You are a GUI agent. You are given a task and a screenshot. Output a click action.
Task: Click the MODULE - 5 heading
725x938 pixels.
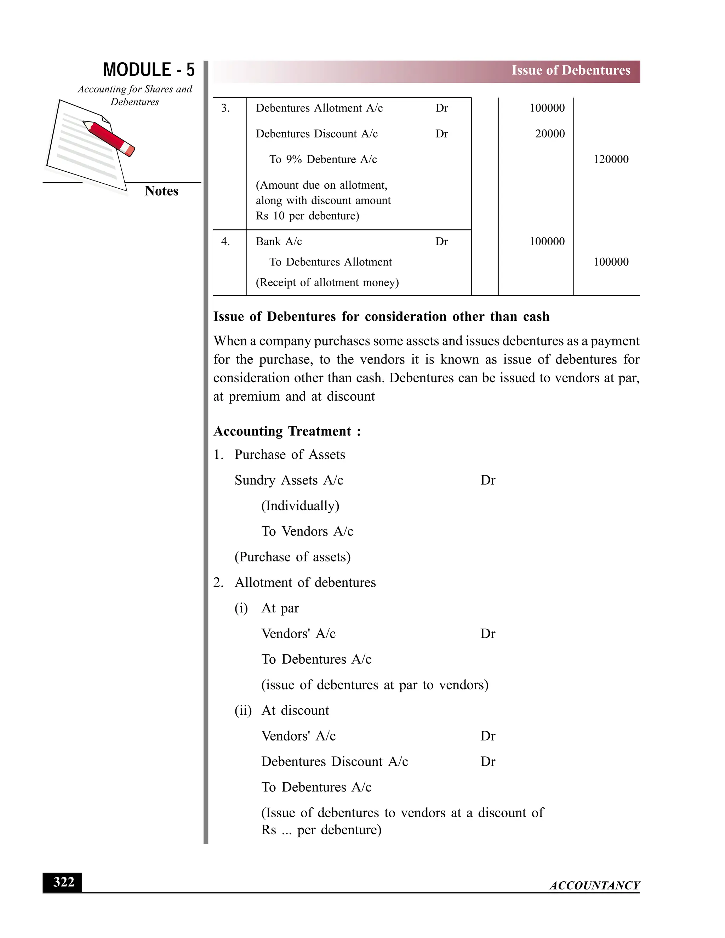(x=149, y=70)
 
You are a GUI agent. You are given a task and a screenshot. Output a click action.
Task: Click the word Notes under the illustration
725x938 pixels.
(x=161, y=191)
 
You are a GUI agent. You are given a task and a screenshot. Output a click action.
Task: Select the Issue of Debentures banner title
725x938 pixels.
(x=570, y=70)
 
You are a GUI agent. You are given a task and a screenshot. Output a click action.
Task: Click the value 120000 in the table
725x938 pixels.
(x=610, y=159)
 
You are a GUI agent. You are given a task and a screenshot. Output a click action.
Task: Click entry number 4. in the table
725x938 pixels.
(x=225, y=241)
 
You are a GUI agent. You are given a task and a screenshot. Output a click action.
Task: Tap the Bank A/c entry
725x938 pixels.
(x=279, y=241)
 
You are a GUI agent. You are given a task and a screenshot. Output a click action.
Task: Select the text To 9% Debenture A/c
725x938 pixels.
(x=322, y=159)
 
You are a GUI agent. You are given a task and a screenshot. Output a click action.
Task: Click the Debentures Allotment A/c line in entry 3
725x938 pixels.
(x=319, y=108)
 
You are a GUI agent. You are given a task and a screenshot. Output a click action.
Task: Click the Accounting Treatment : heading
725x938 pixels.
(x=287, y=431)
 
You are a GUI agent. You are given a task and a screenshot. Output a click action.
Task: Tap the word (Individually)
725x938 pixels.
(x=300, y=505)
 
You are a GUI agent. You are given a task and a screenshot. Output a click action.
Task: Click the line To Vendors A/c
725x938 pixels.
(x=307, y=531)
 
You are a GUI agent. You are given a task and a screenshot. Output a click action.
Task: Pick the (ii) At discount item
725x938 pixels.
(x=282, y=710)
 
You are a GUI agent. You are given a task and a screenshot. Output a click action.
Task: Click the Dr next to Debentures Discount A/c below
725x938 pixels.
(x=487, y=761)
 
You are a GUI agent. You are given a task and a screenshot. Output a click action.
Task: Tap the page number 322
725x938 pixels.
(x=63, y=882)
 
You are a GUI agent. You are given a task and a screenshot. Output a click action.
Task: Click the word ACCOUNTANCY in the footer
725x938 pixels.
(x=594, y=885)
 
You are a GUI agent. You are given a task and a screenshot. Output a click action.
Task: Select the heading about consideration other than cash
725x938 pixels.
(x=381, y=316)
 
